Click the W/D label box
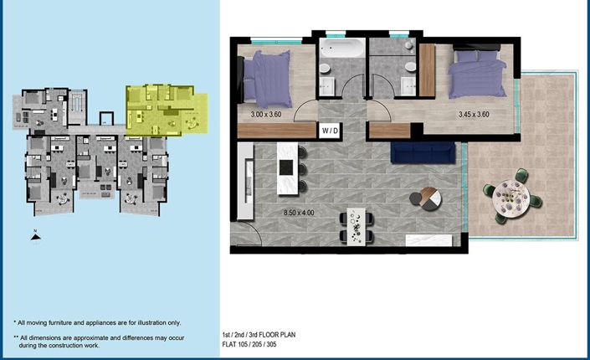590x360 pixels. click(x=328, y=130)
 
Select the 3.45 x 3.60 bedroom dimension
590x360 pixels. click(x=473, y=115)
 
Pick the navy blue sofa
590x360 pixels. click(x=422, y=152)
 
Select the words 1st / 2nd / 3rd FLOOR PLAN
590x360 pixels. click(x=260, y=334)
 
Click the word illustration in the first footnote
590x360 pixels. click(x=145, y=322)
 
